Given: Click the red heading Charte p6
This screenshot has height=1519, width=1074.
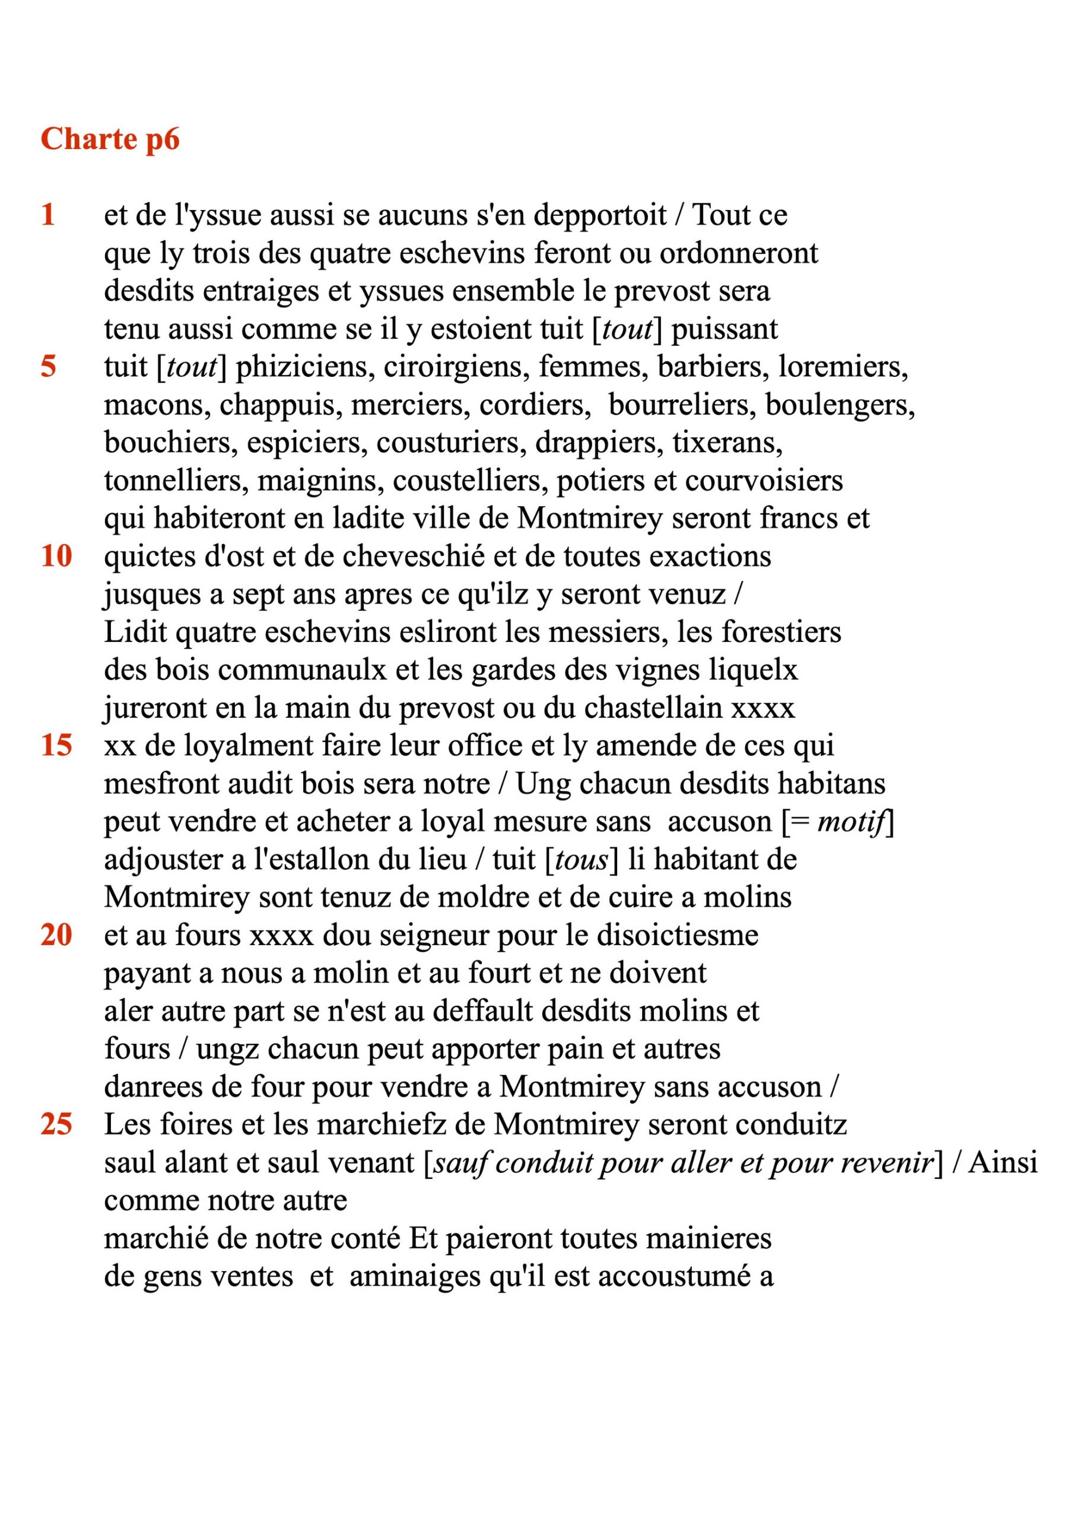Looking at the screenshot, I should (110, 139).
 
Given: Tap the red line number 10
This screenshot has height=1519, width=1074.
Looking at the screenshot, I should (56, 557).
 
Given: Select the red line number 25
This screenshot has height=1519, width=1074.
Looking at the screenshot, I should (56, 1124).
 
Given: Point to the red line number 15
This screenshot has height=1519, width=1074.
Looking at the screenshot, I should (56, 746).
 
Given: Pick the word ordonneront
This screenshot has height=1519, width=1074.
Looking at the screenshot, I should (739, 253).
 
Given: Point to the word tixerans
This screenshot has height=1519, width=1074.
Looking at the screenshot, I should (727, 443).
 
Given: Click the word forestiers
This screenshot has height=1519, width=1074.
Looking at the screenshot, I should (781, 633).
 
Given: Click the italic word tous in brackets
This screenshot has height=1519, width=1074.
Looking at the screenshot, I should (581, 860).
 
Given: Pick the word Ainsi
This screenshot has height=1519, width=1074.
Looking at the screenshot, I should (1003, 1163).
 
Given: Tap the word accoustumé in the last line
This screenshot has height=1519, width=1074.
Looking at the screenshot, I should (673, 1277).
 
